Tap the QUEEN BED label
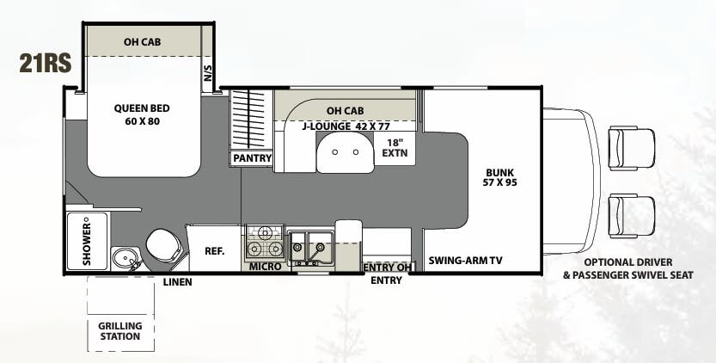click(x=142, y=114)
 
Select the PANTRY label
click(x=252, y=158)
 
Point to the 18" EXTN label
click(x=396, y=148)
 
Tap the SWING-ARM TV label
click(x=465, y=261)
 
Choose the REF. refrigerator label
click(x=214, y=252)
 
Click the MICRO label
click(x=266, y=268)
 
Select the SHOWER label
click(x=87, y=241)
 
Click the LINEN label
click(x=177, y=281)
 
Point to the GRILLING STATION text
click(x=119, y=330)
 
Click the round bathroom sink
click(x=125, y=258)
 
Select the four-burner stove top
click(x=266, y=241)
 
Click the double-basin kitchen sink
click(x=309, y=247)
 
